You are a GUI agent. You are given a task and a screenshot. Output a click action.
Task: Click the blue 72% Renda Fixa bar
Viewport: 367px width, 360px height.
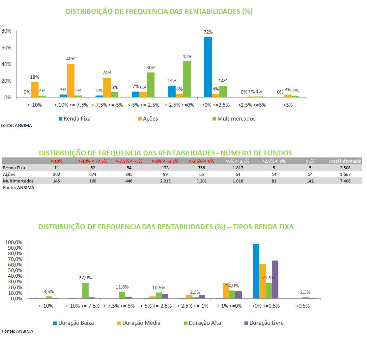[x=208, y=67]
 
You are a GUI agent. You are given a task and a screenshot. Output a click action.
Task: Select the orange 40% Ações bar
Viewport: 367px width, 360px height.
[x=71, y=80]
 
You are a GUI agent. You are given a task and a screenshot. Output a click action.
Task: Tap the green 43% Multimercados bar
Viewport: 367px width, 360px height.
[x=187, y=79]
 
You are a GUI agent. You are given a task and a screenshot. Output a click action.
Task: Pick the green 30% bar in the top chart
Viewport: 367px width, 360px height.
[x=151, y=85]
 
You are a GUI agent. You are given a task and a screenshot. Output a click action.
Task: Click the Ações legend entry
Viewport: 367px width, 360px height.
[x=148, y=119]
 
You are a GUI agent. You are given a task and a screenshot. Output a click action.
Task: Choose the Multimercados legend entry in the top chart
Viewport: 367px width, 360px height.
[x=234, y=119]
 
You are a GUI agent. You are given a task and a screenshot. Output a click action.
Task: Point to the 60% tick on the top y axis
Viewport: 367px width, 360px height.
[x=6, y=48]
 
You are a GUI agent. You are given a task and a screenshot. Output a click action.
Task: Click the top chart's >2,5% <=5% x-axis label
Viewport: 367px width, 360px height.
[x=252, y=105]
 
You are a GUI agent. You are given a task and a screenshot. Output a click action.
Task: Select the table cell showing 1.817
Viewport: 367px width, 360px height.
[x=238, y=168]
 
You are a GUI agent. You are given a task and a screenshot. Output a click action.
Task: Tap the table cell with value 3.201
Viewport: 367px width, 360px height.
[x=202, y=181]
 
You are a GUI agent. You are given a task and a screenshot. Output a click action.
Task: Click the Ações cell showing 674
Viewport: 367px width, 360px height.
[x=93, y=174]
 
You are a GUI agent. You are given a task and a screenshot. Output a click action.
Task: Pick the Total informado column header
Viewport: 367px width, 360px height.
[x=345, y=161]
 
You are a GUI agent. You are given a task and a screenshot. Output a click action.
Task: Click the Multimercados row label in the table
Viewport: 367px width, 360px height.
[x=18, y=181]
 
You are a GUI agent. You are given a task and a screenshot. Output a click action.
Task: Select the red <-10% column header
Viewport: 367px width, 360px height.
[x=56, y=161]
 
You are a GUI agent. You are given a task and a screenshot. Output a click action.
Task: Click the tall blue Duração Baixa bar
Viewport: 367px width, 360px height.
[x=256, y=271]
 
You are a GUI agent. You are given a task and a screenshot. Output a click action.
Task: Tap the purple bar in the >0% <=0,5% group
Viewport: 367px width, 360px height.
[x=275, y=280]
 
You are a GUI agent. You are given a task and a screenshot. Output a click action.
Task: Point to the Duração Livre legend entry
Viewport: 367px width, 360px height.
[x=264, y=323]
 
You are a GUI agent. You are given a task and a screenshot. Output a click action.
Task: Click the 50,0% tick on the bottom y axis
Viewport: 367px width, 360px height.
[x=15, y=270]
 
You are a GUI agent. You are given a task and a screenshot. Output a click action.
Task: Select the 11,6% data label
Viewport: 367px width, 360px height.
[x=122, y=287]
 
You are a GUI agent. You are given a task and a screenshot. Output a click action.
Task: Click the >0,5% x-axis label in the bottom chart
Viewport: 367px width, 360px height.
[x=302, y=306]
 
